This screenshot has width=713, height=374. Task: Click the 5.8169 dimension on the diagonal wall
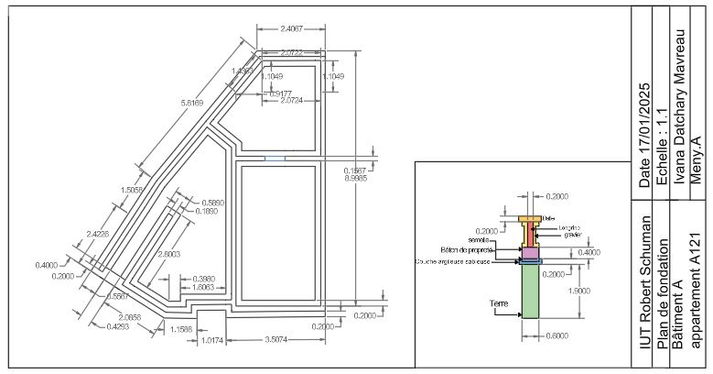194,104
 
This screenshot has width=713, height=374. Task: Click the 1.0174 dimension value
211,341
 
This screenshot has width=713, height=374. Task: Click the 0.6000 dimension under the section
556,335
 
